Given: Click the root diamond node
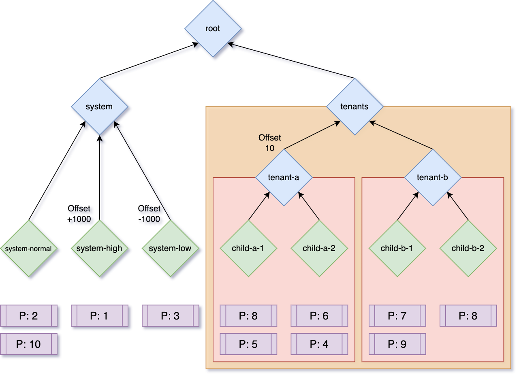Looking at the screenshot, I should click(213, 29).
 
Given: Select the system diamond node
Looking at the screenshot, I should click(100, 107).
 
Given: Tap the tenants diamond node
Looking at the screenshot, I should click(355, 107).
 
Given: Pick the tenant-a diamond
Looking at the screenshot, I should click(284, 177).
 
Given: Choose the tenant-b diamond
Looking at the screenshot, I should click(433, 177).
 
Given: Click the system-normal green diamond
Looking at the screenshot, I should click(29, 249).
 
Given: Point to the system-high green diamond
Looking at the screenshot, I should click(100, 248).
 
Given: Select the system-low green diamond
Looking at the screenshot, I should click(170, 248).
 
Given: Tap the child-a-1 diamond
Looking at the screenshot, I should click(248, 248).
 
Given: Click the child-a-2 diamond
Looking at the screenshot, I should click(319, 248).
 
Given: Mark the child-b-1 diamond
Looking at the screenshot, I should click(397, 248).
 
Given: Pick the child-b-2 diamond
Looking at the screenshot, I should click(468, 248).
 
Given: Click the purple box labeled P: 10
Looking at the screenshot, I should click(29, 344).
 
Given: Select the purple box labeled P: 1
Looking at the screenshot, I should click(100, 316).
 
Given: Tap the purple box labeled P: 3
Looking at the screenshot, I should click(170, 316).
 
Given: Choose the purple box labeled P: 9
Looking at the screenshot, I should click(397, 344).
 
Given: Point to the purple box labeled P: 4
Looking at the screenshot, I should click(319, 344).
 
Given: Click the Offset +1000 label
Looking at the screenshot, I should click(79, 214).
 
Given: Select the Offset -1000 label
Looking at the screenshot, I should click(150, 214).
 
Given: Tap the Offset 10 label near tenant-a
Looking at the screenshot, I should click(270, 143).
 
